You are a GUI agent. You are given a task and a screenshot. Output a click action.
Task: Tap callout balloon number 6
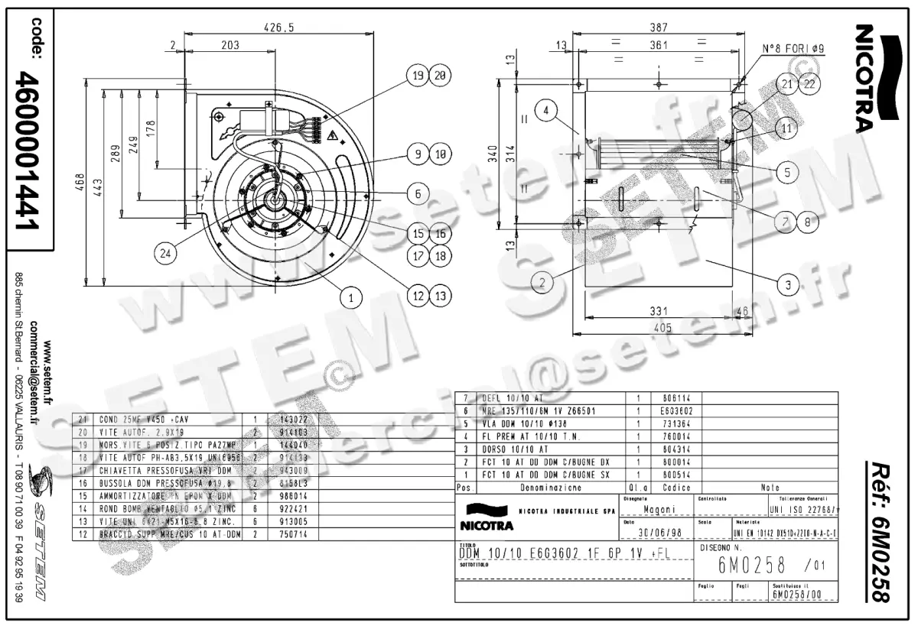point(418,194)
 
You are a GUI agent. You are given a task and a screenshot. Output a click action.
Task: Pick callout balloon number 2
point(542,284)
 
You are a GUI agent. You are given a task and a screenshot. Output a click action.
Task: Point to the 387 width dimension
point(657,28)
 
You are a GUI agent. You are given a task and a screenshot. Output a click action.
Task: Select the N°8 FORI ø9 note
point(793,48)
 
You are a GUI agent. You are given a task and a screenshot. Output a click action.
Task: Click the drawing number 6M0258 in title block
point(752,566)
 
